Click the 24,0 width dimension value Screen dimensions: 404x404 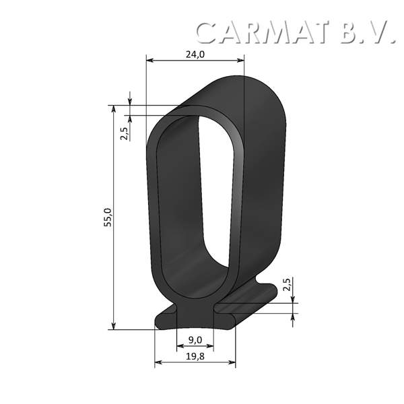tap(195, 55)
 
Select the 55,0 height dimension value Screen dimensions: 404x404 tap(108, 218)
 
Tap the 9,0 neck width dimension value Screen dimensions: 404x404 tap(195, 341)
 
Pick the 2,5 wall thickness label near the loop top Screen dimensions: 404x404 tap(124, 131)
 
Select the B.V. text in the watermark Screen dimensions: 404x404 tap(367, 32)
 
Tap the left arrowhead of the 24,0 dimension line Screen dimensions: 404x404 tap(149, 61)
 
